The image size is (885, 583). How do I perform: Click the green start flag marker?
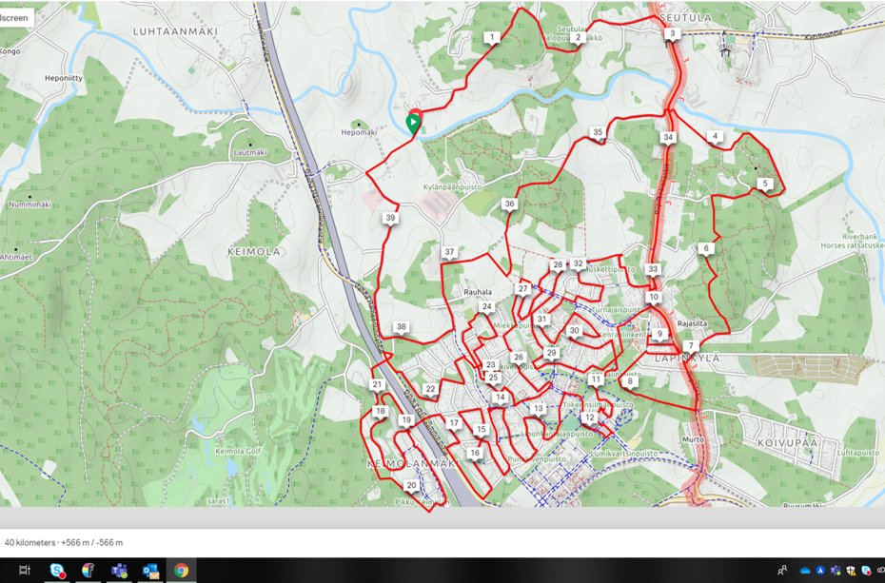click(413, 123)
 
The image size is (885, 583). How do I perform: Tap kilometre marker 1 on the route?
click(491, 37)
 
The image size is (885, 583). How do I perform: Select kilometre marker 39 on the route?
click(390, 218)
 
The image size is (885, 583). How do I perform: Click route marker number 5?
click(765, 184)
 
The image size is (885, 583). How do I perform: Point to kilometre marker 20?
click(411, 485)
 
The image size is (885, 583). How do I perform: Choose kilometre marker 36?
click(510, 204)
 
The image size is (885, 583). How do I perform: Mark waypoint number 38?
click(402, 326)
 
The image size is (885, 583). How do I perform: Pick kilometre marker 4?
click(715, 136)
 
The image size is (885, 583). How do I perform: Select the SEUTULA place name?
click(686, 17)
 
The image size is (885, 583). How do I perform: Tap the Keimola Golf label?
click(237, 451)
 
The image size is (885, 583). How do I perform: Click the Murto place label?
click(693, 439)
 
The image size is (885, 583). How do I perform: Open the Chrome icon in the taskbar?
click(181, 571)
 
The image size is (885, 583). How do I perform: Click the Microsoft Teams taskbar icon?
click(119, 571)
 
